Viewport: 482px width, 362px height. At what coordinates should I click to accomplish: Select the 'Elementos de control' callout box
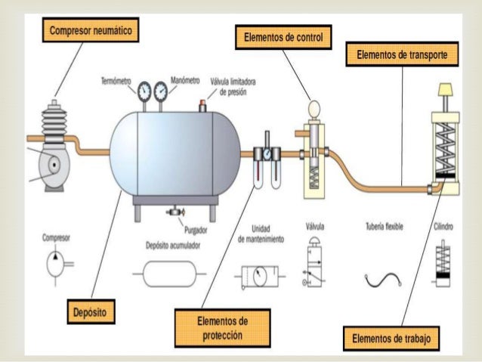click(284, 37)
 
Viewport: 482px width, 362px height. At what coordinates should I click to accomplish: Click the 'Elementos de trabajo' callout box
click(390, 337)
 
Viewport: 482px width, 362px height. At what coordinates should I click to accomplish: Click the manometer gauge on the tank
click(160, 92)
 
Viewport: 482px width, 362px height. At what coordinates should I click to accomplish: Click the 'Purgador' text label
click(195, 229)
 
